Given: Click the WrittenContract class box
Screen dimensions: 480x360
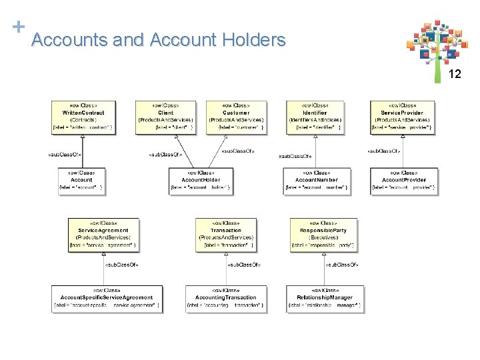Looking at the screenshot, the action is pyautogui.click(x=83, y=116).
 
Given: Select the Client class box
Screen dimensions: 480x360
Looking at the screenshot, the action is pyautogui.click(x=165, y=116).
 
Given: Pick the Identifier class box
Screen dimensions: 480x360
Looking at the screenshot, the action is pyautogui.click(x=315, y=116).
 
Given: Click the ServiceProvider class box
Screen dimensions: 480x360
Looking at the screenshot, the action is pyautogui.click(x=402, y=116).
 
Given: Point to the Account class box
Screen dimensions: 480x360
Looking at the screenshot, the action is pyautogui.click(x=81, y=179).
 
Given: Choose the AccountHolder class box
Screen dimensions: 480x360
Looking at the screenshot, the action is pyautogui.click(x=201, y=179).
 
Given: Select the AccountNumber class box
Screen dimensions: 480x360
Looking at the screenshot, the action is pyautogui.click(x=317, y=179).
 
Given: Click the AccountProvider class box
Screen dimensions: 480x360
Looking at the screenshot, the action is pyautogui.click(x=403, y=179).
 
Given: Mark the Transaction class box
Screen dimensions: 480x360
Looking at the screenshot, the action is pyautogui.click(x=225, y=234).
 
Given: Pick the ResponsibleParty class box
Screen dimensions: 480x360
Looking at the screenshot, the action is pyautogui.click(x=323, y=234).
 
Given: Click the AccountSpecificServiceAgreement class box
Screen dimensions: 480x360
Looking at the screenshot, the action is pyautogui.click(x=107, y=297).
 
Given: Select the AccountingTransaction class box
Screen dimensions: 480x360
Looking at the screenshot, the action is pyautogui.click(x=225, y=297).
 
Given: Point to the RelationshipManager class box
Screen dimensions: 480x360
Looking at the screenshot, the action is pyautogui.click(x=325, y=297).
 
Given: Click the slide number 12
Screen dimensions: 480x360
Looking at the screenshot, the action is pyautogui.click(x=455, y=74).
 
